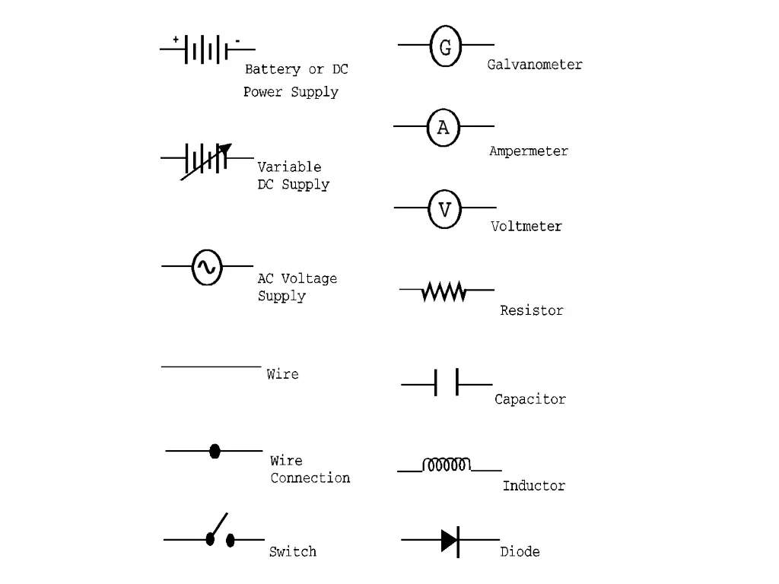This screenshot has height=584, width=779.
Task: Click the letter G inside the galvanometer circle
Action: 445,47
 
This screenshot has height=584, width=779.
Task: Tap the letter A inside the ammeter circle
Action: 443,128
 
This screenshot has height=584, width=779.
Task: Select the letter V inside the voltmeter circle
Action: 444,209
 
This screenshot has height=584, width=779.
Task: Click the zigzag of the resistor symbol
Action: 444,291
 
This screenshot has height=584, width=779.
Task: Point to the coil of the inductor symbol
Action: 447,465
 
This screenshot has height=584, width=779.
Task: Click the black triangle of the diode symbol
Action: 449,540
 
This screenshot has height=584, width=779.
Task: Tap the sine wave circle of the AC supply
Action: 206,267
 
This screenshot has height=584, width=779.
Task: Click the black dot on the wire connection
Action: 215,451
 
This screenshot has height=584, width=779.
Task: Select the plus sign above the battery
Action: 176,39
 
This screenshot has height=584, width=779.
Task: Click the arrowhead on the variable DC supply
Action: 225,149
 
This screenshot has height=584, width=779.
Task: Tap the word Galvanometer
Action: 535,65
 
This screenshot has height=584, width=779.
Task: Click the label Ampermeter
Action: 528,151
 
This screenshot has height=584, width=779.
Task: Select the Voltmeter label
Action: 526,226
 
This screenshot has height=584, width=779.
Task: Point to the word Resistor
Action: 531,310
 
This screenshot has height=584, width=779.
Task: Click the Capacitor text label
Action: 529,399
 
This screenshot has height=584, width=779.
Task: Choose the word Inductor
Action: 533,485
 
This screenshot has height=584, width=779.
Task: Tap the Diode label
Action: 520,551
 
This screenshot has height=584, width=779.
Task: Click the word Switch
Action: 292,551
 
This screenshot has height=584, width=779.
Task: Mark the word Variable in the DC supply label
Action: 289,167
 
